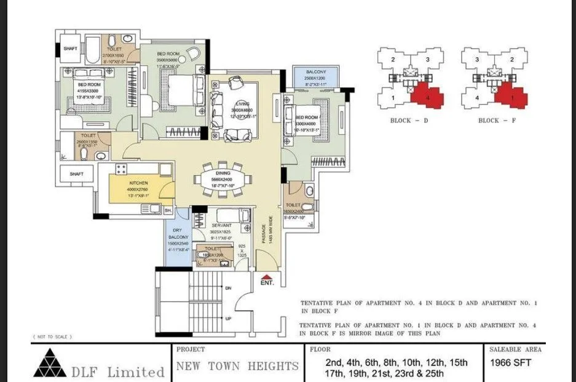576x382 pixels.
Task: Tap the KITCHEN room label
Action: coord(138,183)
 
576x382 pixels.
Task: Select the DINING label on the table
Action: coord(223,173)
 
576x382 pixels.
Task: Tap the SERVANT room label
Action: coord(221,226)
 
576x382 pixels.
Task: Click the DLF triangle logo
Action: coord(50,364)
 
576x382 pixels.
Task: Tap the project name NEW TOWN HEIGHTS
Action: coord(237,366)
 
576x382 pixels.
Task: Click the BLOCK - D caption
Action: coord(409,121)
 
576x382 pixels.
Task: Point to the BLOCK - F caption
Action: coord(497,121)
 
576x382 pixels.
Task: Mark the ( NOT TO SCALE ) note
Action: coord(52,337)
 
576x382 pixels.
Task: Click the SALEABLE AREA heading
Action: coord(515,349)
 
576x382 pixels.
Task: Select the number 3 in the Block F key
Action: coord(476,60)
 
